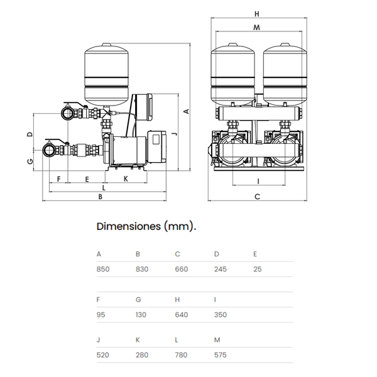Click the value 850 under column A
[x=103, y=269]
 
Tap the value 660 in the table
[x=181, y=269]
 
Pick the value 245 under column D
[x=220, y=269]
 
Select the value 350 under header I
[x=220, y=315]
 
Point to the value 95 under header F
[x=101, y=315]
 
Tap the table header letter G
[x=138, y=300]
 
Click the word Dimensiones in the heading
[x=128, y=226]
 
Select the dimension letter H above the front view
[x=257, y=13]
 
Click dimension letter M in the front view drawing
[x=257, y=27]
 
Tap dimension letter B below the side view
[x=100, y=197]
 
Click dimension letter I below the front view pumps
[x=257, y=181]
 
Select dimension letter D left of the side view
[x=30, y=134]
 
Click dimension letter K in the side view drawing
[x=125, y=178]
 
